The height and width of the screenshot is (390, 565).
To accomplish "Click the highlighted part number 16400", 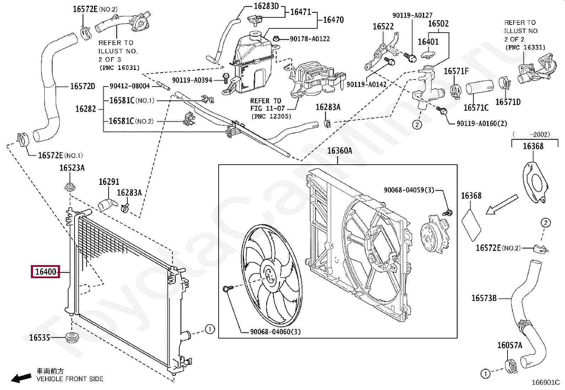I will pyautogui.click(x=45, y=272).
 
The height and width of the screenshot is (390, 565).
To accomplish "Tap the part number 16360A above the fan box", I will pyautogui.click(x=339, y=151).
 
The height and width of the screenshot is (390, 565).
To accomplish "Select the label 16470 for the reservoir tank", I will pyautogui.click(x=333, y=20).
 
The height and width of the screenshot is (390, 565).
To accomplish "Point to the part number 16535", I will pyautogui.click(x=39, y=337).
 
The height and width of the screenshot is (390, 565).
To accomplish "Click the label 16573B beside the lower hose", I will pyautogui.click(x=484, y=298).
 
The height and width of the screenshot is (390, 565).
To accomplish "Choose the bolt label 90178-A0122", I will pyautogui.click(x=309, y=39).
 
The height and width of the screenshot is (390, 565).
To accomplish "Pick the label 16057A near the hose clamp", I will pyautogui.click(x=509, y=345).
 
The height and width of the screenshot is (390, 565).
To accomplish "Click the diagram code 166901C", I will pyautogui.click(x=545, y=382).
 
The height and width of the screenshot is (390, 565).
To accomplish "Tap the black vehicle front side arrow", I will pyautogui.click(x=21, y=378).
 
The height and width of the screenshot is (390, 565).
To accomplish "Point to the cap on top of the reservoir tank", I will pyautogui.click(x=255, y=35).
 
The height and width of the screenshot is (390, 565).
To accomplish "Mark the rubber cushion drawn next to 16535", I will pyautogui.click(x=72, y=337).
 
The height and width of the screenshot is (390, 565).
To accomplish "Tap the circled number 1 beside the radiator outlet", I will pyautogui.click(x=210, y=329).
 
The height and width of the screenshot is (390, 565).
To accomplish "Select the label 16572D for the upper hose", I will pyautogui.click(x=82, y=86).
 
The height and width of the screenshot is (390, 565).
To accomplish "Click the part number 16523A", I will pyautogui.click(x=72, y=168).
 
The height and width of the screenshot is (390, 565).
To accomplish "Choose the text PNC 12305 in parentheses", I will pyautogui.click(x=271, y=116).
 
